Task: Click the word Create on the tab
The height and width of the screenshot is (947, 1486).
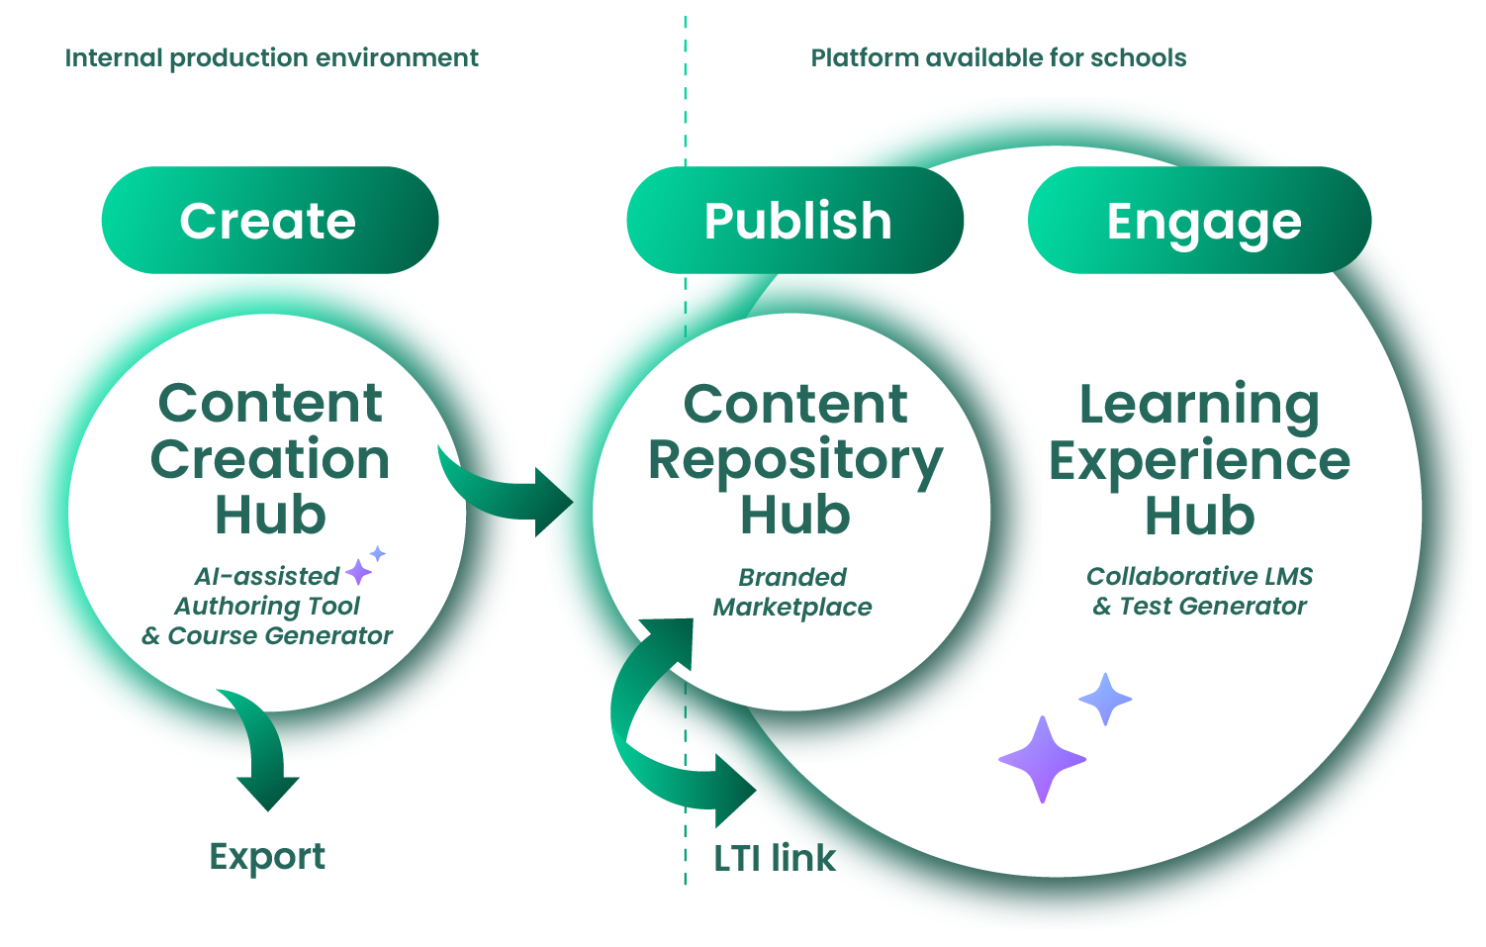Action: tap(267, 221)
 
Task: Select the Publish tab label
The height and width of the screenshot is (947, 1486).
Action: tap(797, 221)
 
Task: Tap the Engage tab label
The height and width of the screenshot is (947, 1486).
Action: tap(1204, 222)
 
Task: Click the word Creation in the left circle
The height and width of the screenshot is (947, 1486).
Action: tap(270, 460)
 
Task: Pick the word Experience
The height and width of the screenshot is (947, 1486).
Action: tap(1199, 461)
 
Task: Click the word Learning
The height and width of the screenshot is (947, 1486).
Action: tap(1199, 405)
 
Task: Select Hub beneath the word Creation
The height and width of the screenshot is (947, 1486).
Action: tap(270, 516)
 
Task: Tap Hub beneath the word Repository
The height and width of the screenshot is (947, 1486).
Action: tap(795, 516)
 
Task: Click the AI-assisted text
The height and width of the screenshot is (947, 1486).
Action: tap(266, 576)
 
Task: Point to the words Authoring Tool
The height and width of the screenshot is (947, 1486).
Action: tap(267, 606)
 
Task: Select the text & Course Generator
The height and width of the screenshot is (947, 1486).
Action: tap(267, 635)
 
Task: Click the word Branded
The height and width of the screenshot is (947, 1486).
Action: tap(792, 577)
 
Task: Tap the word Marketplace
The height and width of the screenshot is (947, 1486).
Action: tap(792, 607)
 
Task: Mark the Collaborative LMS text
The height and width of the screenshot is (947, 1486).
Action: tap(1199, 576)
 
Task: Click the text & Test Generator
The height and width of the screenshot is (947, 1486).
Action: tap(1199, 606)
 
